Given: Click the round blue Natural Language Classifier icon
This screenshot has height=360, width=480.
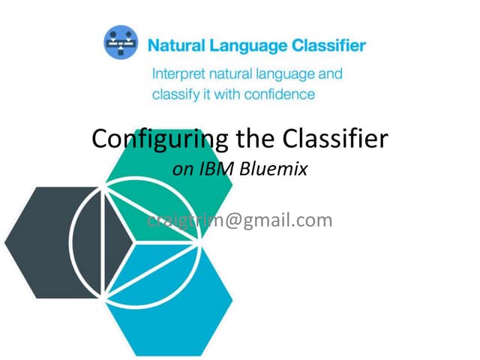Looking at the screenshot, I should [x=121, y=44].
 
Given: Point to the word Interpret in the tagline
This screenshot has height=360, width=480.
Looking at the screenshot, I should [x=179, y=74].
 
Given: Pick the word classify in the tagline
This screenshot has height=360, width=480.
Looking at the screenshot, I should [x=175, y=94].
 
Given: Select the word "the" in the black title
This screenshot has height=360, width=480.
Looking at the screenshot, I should [x=244, y=139].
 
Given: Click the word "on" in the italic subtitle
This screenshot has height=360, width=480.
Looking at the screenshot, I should [x=182, y=170].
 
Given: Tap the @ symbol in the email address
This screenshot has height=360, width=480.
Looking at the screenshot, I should [x=226, y=220].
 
